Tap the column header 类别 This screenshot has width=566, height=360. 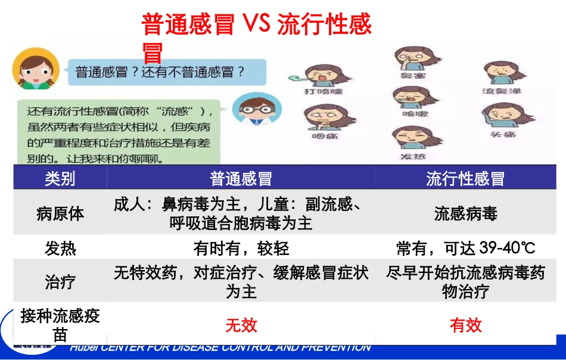click(x=60, y=178)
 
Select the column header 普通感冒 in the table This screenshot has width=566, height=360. click(x=241, y=178)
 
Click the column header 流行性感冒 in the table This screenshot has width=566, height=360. click(x=465, y=178)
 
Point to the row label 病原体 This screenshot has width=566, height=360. click(x=60, y=213)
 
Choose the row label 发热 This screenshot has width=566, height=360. click(x=60, y=248)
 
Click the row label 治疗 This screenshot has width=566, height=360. click(x=60, y=281)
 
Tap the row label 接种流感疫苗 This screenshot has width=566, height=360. click(x=60, y=325)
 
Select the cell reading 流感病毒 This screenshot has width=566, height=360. click(x=465, y=213)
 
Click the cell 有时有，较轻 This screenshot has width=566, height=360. click(x=241, y=248)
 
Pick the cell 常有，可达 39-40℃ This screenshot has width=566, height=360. click(x=465, y=248)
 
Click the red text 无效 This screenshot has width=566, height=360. click(x=241, y=325)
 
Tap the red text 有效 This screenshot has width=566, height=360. click(x=465, y=325)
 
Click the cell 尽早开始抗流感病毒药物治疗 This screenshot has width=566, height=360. click(x=465, y=281)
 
